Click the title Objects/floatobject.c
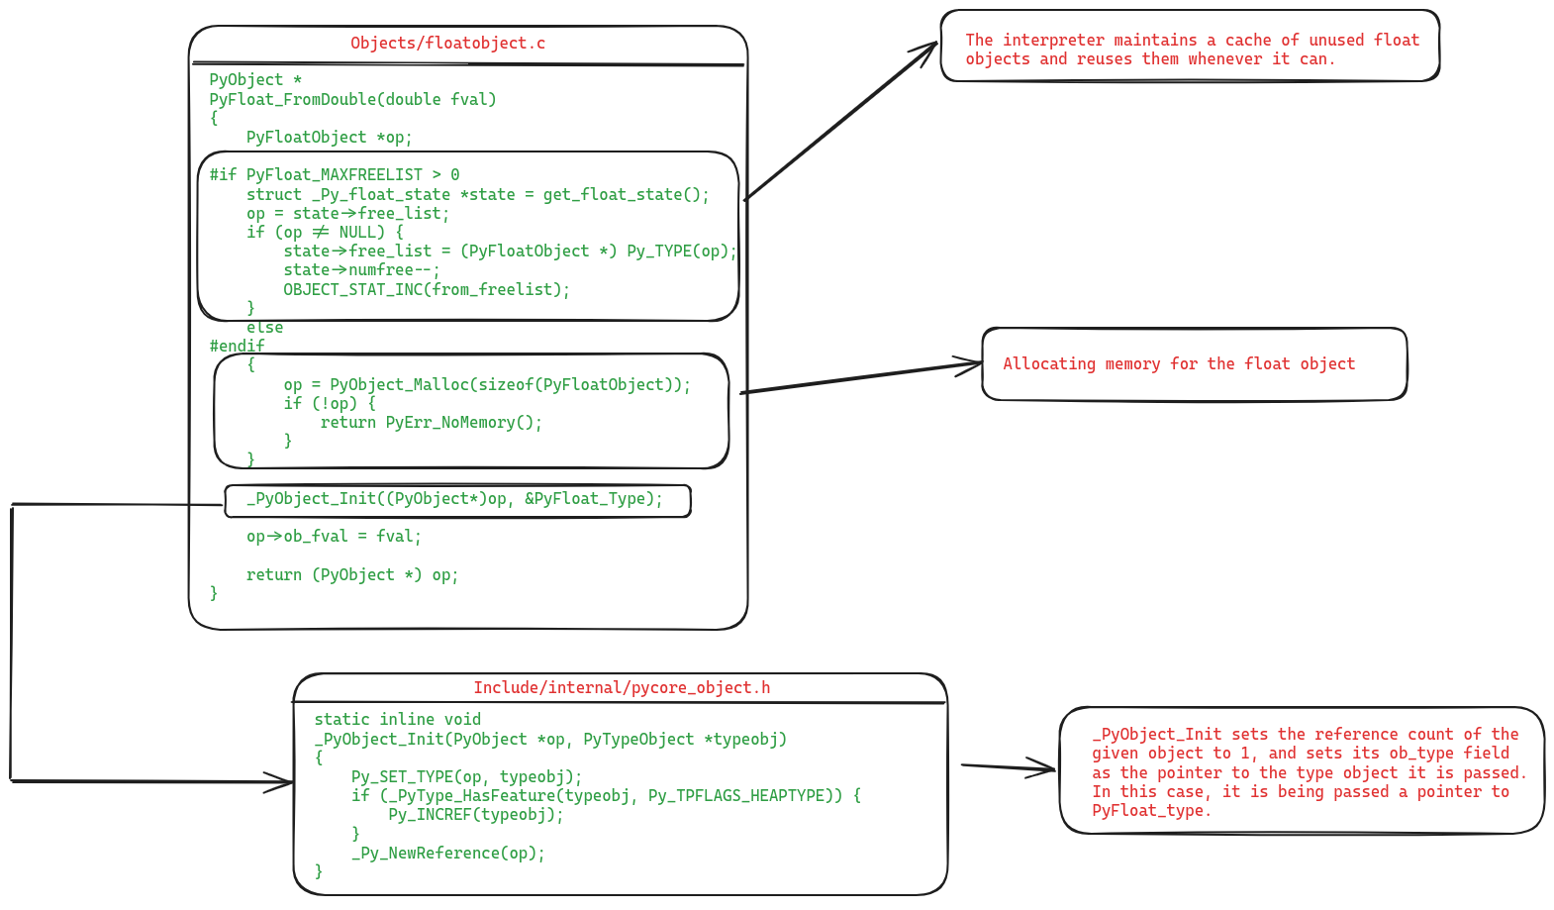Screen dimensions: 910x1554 [x=447, y=44]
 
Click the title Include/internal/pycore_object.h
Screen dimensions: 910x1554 [x=622, y=688]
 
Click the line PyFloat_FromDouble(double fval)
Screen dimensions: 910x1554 [x=352, y=99]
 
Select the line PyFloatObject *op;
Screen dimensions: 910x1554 [x=329, y=138]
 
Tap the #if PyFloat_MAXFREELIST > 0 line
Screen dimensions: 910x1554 [x=335, y=175]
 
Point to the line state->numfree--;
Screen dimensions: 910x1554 [x=361, y=270]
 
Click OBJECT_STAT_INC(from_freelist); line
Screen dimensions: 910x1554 [x=427, y=290]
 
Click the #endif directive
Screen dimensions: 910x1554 [x=237, y=347]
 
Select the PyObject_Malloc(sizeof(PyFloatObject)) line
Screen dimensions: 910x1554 [x=487, y=385]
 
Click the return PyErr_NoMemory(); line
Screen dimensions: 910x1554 [x=431, y=423]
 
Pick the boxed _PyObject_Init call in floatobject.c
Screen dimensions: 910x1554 [x=455, y=499]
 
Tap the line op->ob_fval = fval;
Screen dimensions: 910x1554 [x=334, y=537]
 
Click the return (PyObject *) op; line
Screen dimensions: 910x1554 [x=352, y=575]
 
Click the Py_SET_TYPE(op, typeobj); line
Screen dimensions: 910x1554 [x=466, y=777]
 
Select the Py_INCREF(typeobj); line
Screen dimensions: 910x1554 [x=475, y=815]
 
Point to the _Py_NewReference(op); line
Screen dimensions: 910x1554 [x=447, y=854]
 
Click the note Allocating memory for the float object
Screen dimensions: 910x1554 [x=1179, y=364]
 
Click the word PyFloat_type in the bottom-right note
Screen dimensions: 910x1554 [x=1150, y=811]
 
